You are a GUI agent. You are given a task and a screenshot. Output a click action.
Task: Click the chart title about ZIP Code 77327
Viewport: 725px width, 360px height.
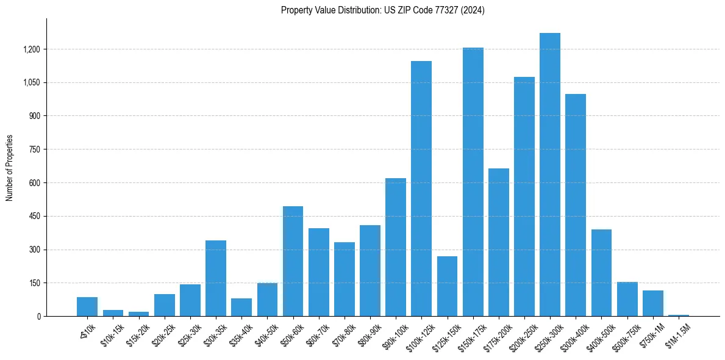pos(382,10)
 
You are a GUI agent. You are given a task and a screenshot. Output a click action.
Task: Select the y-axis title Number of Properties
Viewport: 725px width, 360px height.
pos(10,168)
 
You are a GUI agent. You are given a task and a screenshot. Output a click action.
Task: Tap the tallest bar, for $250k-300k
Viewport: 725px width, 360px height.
pos(549,175)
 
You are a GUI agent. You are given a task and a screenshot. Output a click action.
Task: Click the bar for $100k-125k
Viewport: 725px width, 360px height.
pos(421,189)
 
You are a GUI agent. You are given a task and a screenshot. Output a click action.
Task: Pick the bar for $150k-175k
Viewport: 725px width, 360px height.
pos(473,182)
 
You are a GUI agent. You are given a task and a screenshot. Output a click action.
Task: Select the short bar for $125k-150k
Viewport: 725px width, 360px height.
pos(447,286)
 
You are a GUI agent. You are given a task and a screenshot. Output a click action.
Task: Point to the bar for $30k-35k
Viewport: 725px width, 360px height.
pos(216,278)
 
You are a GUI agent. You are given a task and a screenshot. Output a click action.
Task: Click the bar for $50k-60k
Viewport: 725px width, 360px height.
pos(293,261)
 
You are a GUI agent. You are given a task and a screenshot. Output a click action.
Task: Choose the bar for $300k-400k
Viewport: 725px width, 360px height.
pos(576,205)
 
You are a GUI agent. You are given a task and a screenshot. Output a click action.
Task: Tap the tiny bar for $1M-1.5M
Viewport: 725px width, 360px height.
pos(678,315)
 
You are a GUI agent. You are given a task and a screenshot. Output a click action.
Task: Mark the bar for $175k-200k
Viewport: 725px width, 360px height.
pos(498,242)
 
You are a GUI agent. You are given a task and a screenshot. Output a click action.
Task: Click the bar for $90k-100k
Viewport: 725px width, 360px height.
pos(395,247)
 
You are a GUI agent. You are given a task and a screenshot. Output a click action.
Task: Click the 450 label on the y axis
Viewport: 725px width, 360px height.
pos(34,217)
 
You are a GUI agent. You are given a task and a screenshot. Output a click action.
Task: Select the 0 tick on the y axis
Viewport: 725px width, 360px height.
pos(38,317)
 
